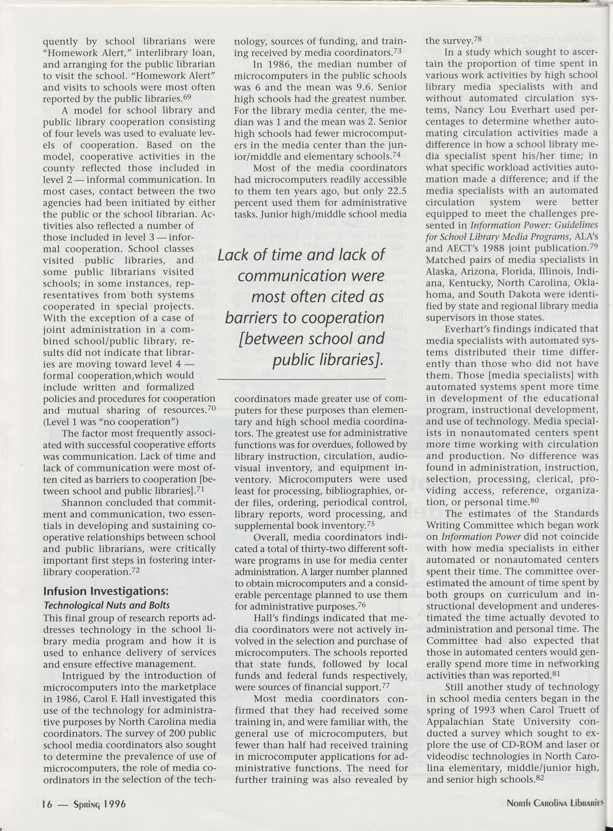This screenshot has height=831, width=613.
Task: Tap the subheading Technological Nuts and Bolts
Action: point(106,605)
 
